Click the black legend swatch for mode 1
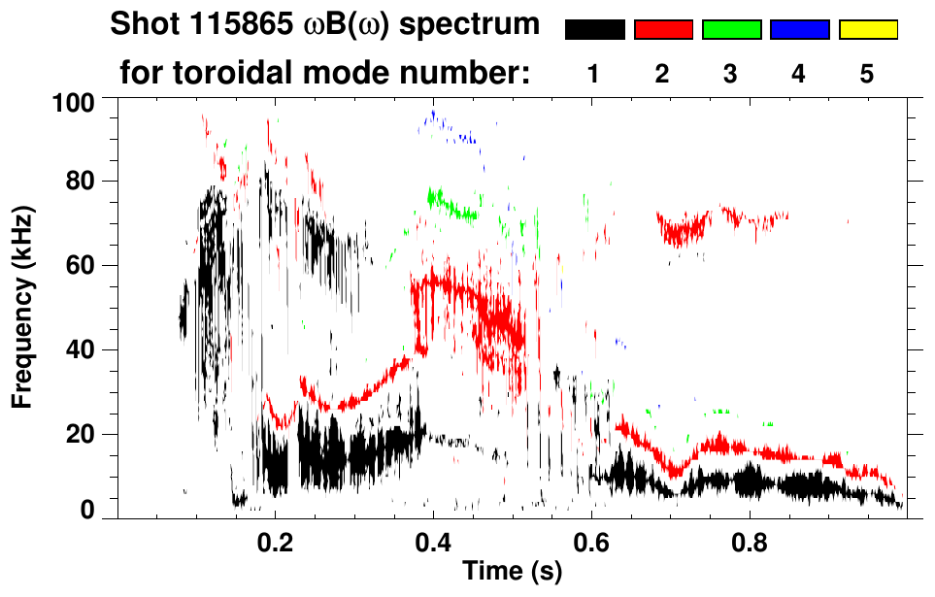(x=595, y=30)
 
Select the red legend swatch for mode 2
(x=663, y=30)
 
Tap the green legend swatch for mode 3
(x=731, y=30)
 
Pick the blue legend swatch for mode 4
(x=799, y=30)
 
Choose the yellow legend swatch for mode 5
(x=867, y=30)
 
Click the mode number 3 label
(x=731, y=74)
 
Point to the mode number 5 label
(x=867, y=74)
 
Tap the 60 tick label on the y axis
(x=78, y=266)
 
